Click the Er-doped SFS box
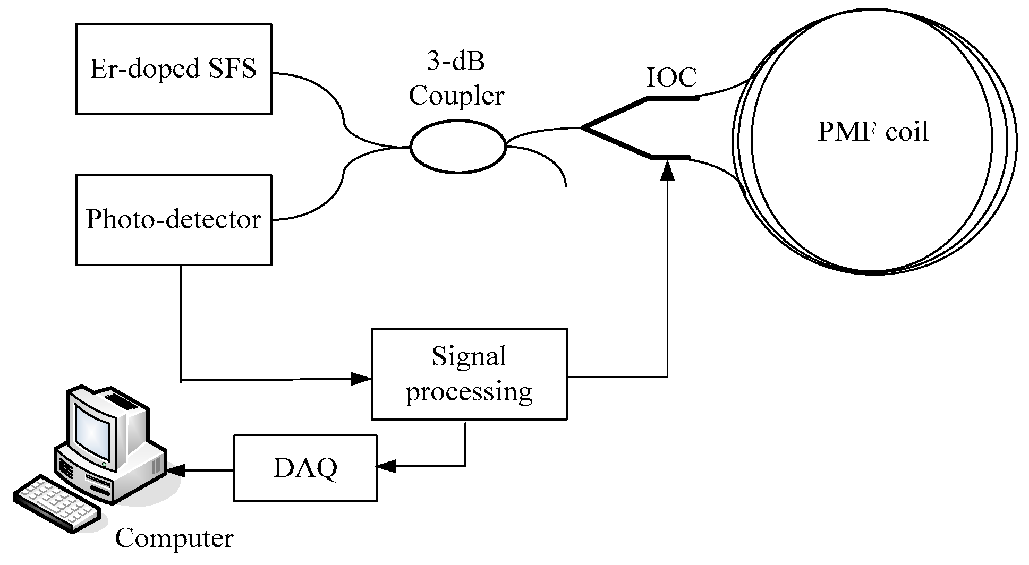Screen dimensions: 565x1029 pos(174,69)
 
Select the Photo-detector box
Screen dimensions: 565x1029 pos(174,219)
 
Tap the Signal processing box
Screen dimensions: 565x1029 pos(469,374)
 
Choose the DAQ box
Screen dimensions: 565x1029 pos(305,468)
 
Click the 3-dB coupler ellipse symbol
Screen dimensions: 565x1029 pos(457,147)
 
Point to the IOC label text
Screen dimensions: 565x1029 pos(671,78)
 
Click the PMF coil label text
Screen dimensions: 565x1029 pos(873,131)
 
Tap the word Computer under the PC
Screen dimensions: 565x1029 pos(174,538)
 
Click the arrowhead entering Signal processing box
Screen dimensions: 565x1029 pos(361,379)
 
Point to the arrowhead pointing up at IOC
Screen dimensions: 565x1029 pos(667,171)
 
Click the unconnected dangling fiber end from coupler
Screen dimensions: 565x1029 pos(565,185)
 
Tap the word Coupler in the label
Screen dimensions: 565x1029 pos(456,96)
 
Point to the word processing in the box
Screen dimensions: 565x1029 pos(469,392)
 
